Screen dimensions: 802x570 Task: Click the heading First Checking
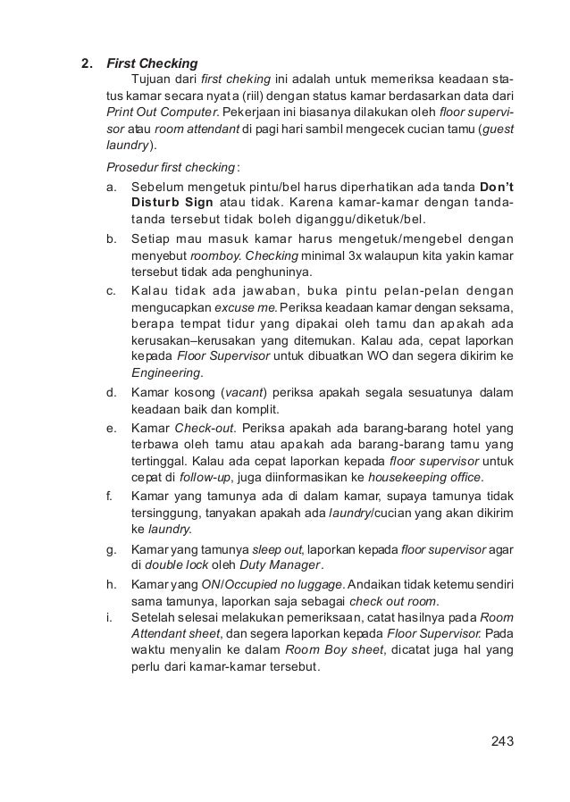[152, 64]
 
